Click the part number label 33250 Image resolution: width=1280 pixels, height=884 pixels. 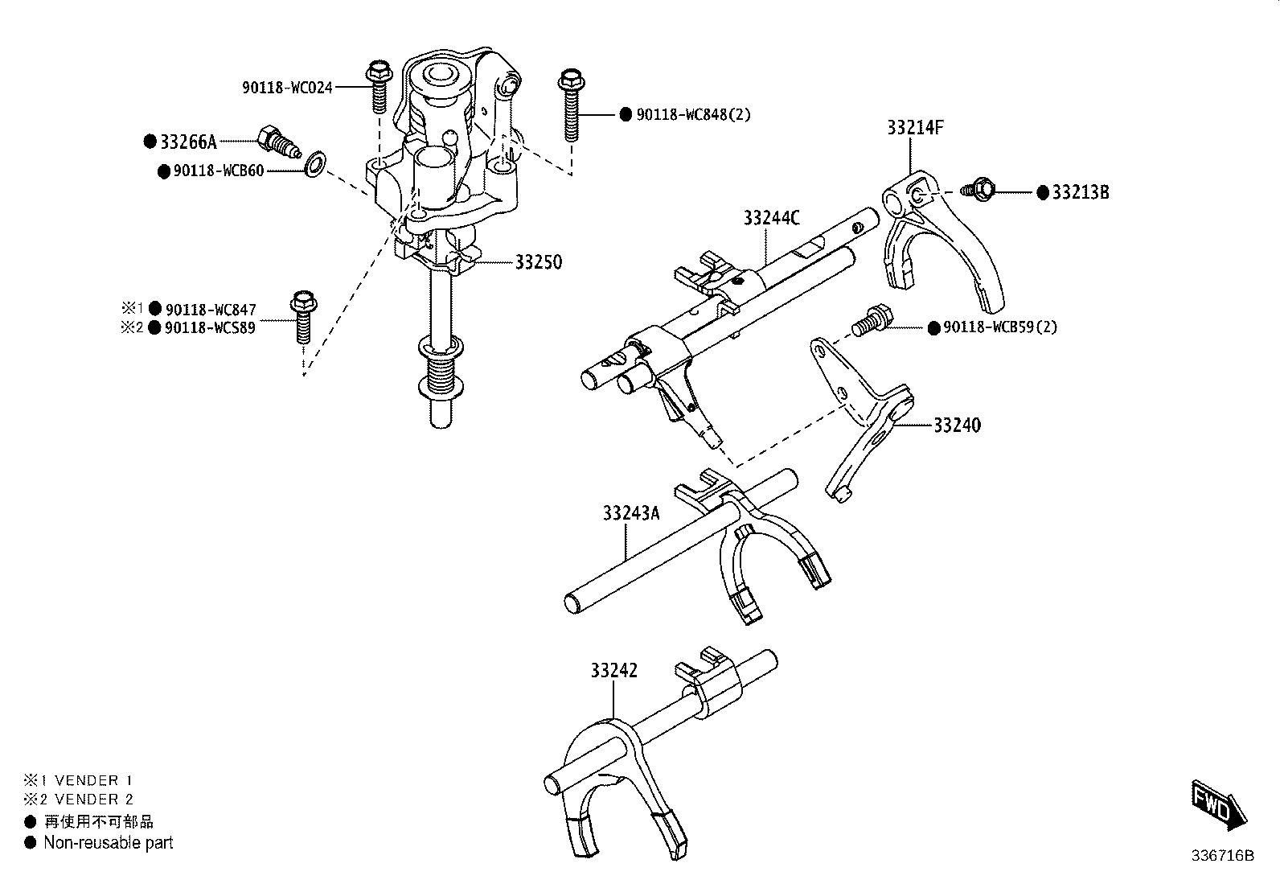(538, 262)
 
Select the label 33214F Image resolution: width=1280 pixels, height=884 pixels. (915, 128)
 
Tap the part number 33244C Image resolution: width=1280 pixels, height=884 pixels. (771, 218)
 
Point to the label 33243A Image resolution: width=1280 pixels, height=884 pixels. (631, 513)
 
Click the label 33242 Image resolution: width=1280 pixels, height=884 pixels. (613, 670)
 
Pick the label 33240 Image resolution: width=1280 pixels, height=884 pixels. (957, 426)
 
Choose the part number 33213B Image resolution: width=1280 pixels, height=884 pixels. (1081, 193)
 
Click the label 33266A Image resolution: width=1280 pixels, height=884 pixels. (189, 142)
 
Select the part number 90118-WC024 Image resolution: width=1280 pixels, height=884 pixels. (287, 88)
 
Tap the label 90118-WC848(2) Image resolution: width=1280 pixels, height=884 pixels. (693, 114)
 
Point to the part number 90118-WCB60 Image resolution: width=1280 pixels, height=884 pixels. (219, 171)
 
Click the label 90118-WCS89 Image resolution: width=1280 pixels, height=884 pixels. (211, 327)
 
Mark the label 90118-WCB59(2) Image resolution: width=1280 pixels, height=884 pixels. (1000, 327)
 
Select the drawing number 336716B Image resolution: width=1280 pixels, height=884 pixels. (1222, 855)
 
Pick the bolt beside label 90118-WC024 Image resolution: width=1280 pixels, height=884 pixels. (378, 86)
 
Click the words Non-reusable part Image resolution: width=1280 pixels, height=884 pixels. (109, 842)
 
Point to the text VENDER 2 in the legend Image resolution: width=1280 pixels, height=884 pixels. (94, 799)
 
